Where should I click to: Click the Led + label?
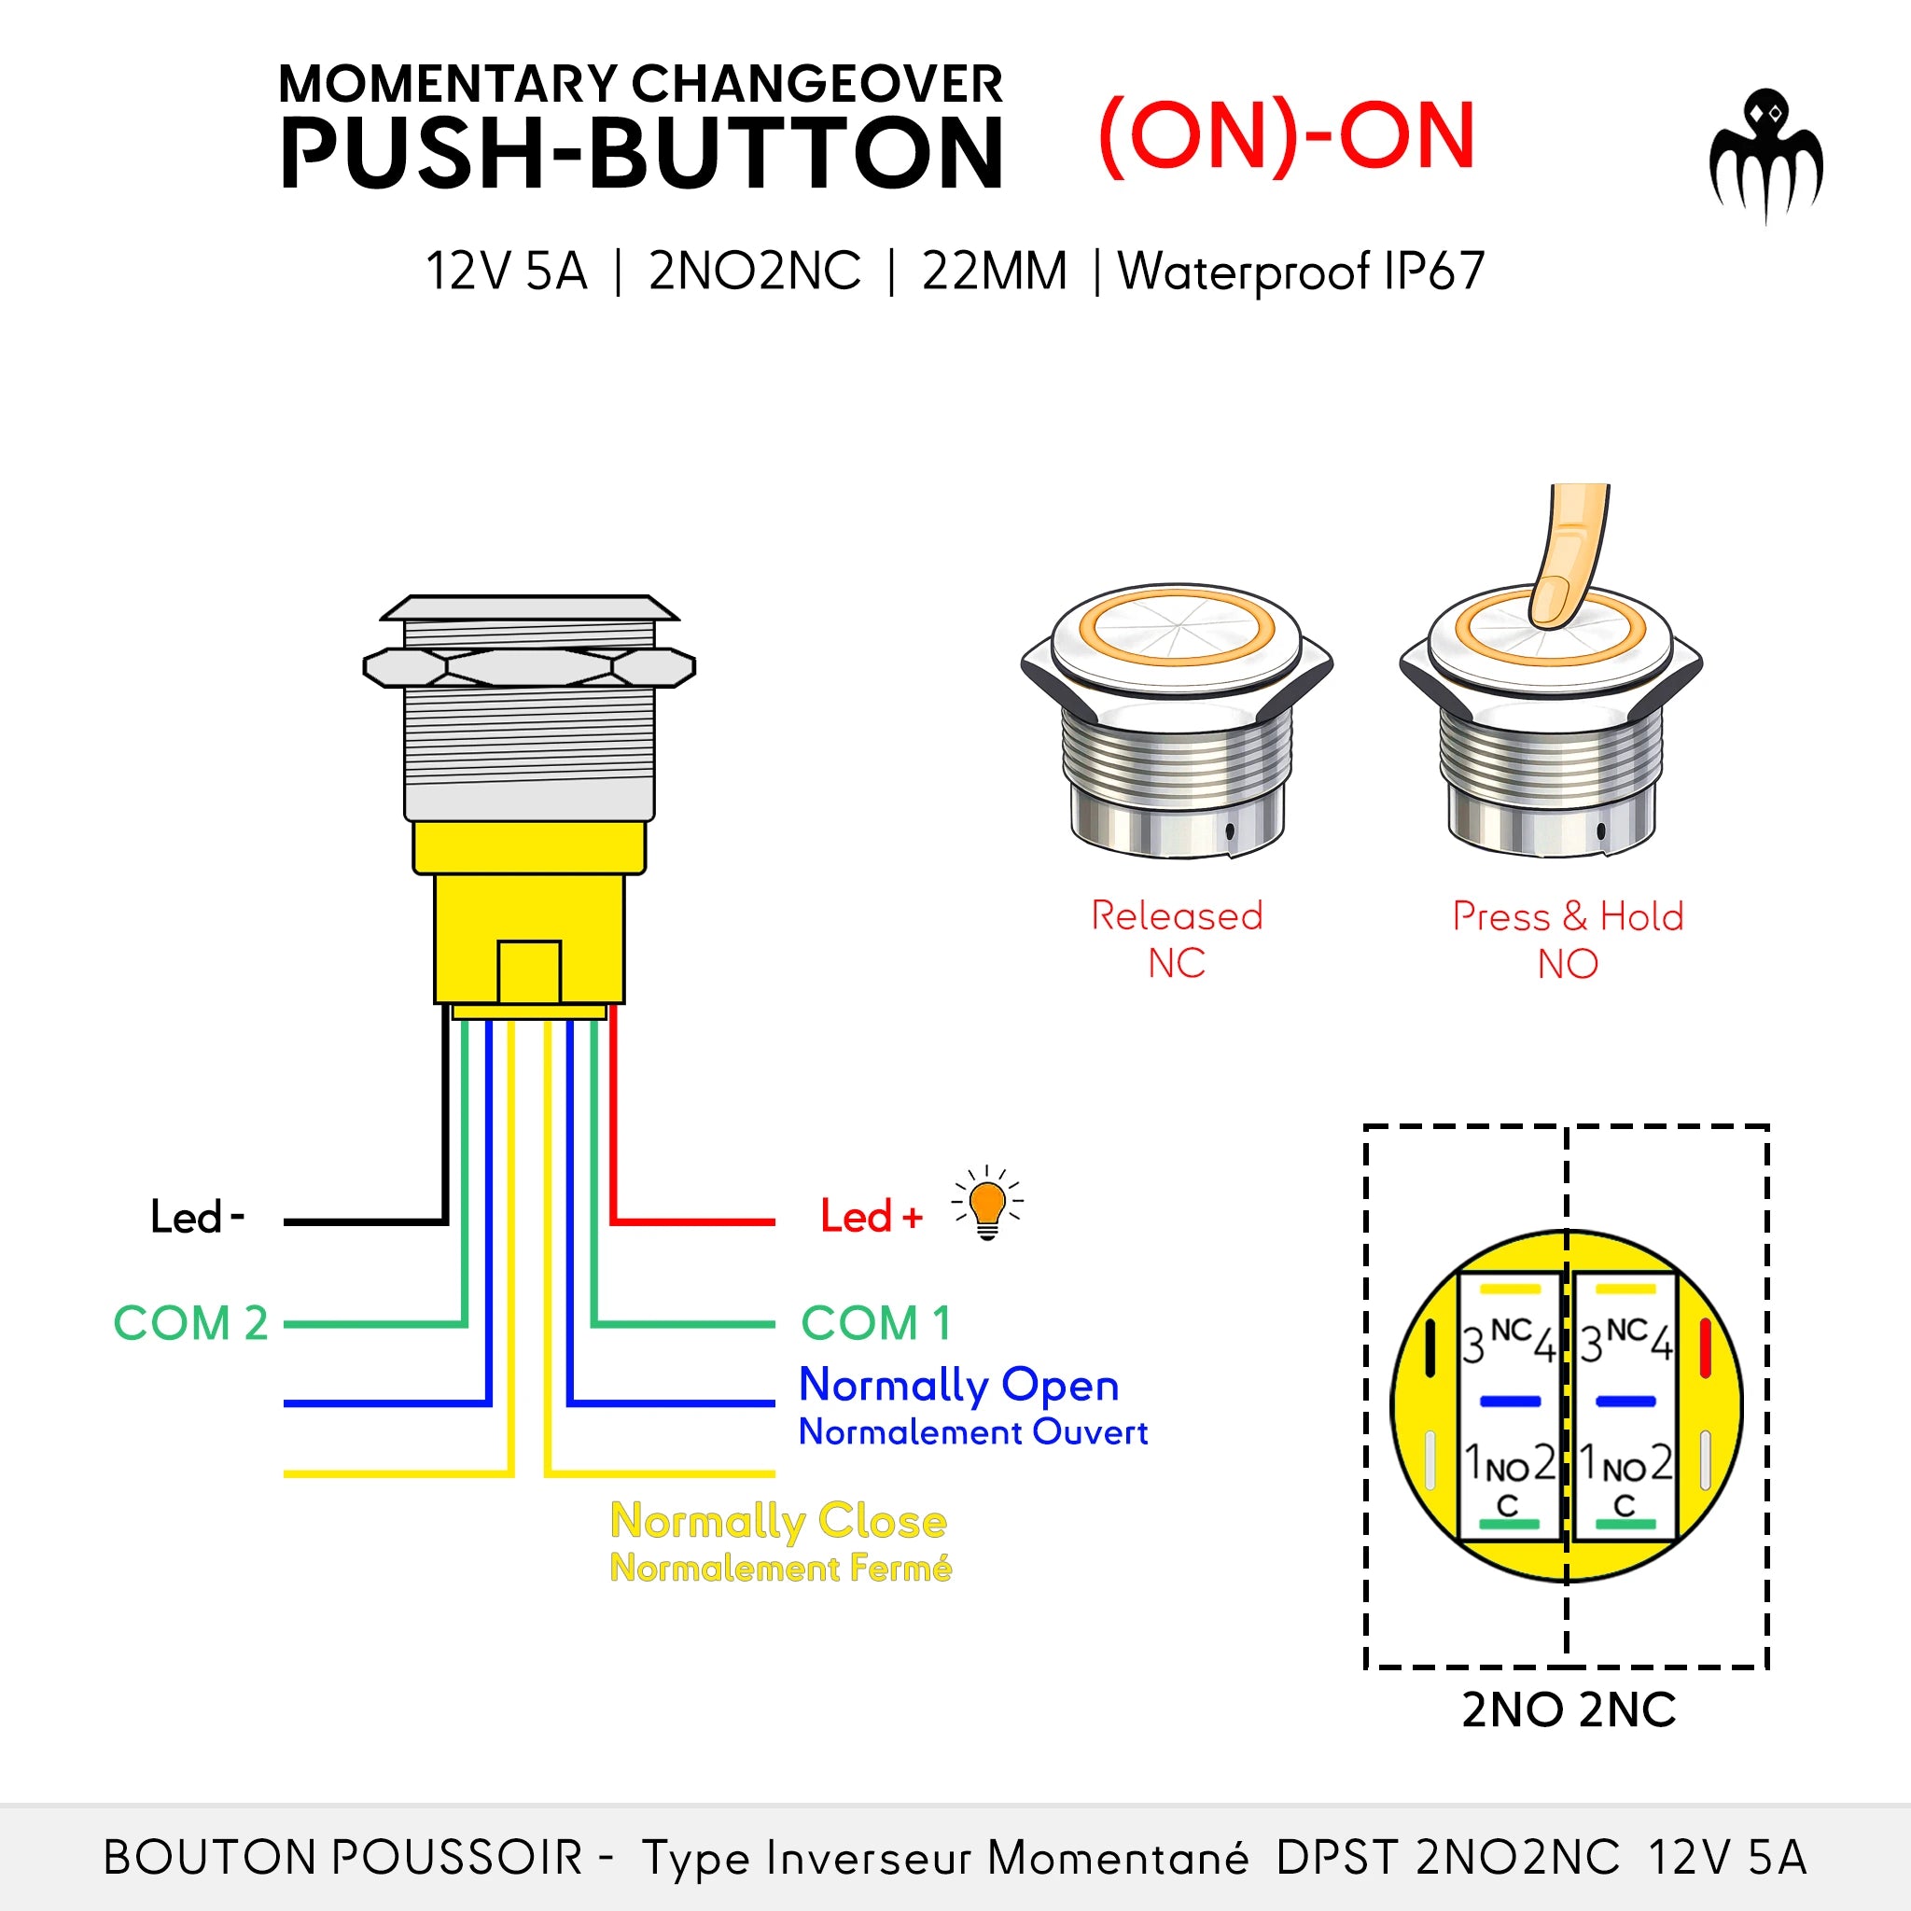click(x=871, y=1217)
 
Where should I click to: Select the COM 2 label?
click(x=190, y=1323)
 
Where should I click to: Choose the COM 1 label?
click(x=875, y=1323)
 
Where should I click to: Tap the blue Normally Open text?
click(x=957, y=1385)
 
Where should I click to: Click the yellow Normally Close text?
click(x=778, y=1521)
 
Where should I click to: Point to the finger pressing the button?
click(x=1568, y=559)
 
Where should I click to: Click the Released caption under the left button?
click(x=1176, y=916)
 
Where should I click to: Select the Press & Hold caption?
click(x=1568, y=916)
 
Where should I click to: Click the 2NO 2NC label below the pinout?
click(x=1568, y=1710)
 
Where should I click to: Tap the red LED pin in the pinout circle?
click(x=1704, y=1347)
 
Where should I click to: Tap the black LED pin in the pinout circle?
click(x=1430, y=1347)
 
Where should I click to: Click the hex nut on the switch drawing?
click(x=529, y=668)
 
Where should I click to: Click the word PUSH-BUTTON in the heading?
click(x=641, y=153)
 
